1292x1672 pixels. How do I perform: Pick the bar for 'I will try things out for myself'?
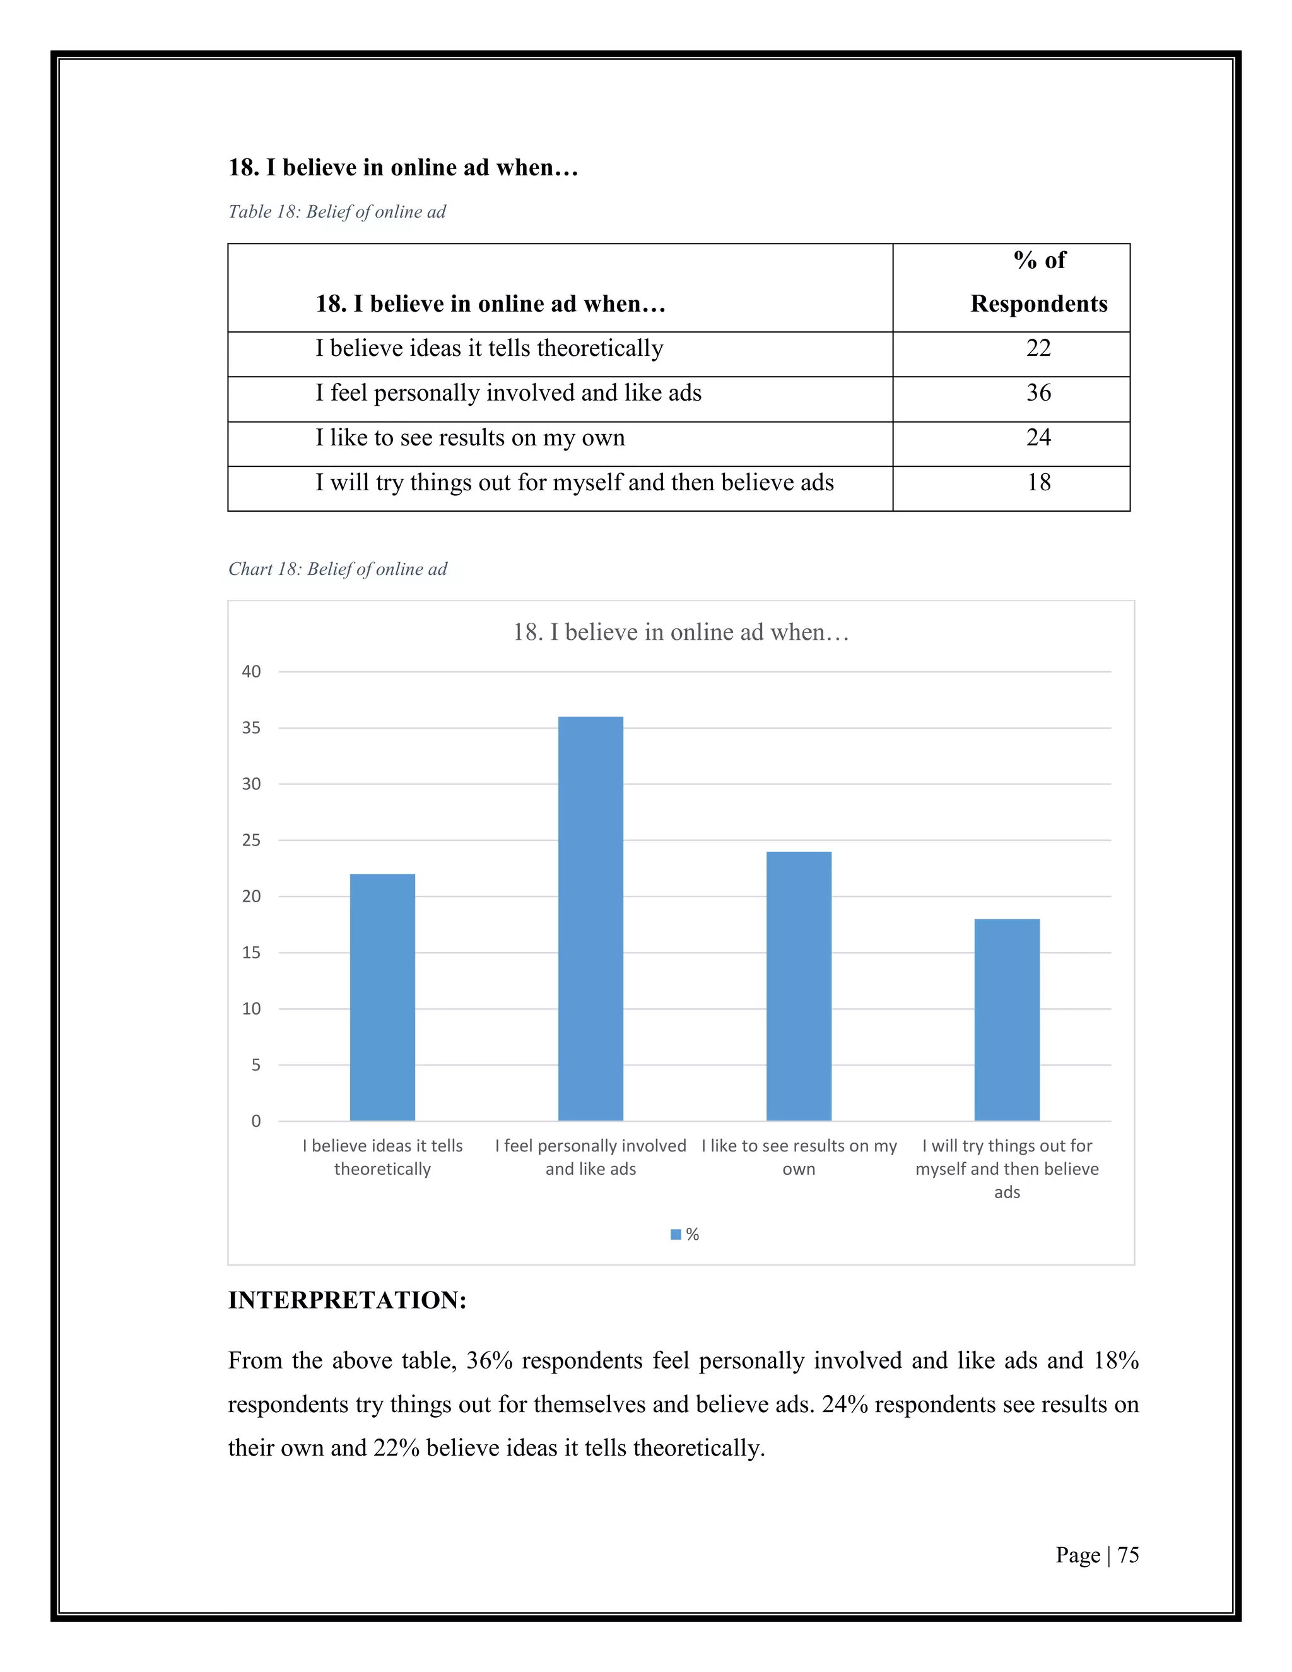click(1006, 1019)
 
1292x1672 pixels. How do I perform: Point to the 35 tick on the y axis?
click(251, 728)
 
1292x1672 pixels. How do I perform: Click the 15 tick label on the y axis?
click(251, 952)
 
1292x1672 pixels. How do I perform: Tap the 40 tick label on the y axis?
click(251, 671)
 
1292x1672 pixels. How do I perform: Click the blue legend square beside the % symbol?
click(676, 1234)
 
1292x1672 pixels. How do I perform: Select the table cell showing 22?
click(1038, 348)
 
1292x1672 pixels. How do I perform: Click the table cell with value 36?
click(1038, 392)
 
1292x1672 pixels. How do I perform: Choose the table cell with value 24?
click(1038, 437)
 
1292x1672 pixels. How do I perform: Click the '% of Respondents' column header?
click(1038, 283)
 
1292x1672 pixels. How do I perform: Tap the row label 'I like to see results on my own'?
click(470, 438)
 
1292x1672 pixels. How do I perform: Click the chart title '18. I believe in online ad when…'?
click(681, 632)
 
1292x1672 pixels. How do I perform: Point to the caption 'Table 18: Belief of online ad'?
click(337, 212)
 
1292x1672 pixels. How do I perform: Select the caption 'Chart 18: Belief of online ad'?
click(338, 569)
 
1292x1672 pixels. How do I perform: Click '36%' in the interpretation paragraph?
click(489, 1360)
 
